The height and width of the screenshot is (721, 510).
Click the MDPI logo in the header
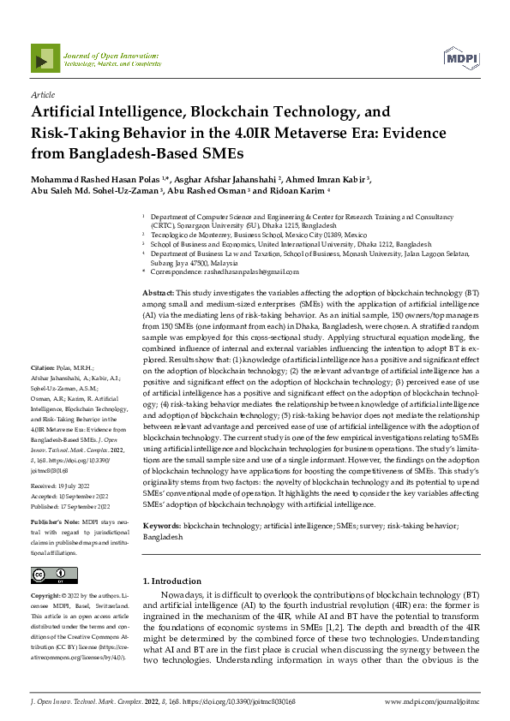(x=460, y=57)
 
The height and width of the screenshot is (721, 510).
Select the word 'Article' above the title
(x=43, y=96)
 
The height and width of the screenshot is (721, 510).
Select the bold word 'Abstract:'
(x=158, y=293)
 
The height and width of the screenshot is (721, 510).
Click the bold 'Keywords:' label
(x=162, y=525)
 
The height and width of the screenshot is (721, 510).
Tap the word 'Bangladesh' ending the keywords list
(x=163, y=537)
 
